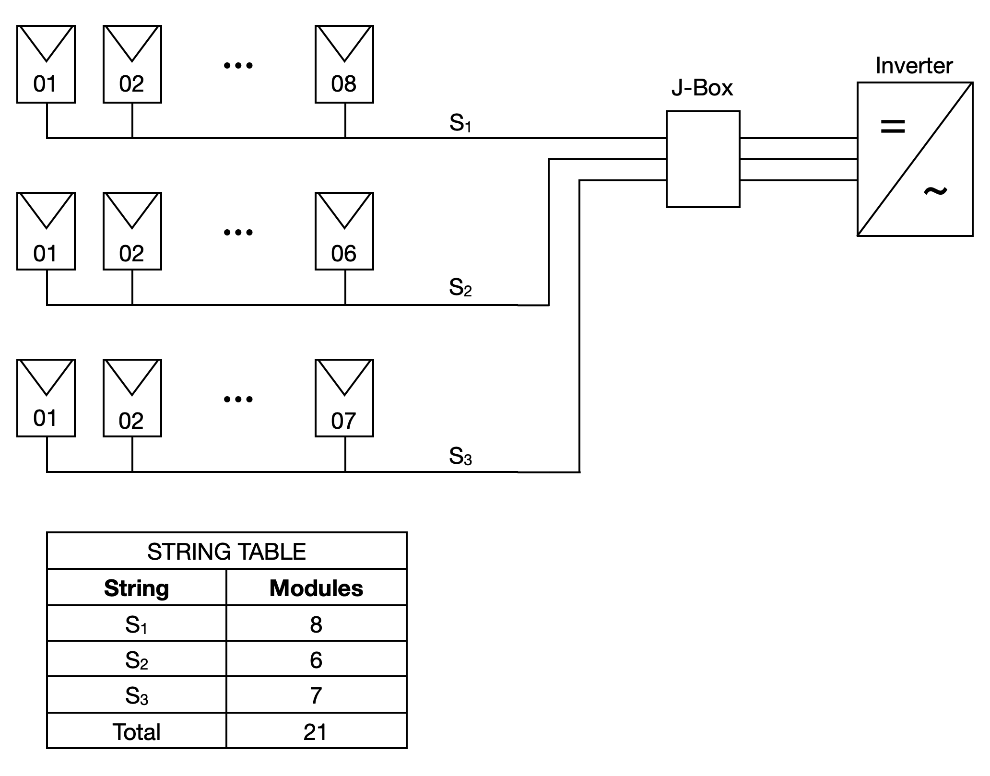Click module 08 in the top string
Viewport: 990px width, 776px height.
pyautogui.click(x=344, y=64)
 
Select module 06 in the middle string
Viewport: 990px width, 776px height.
pyautogui.click(x=344, y=231)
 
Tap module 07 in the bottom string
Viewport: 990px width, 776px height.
pyautogui.click(x=344, y=398)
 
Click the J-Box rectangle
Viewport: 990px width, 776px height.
pyautogui.click(x=703, y=159)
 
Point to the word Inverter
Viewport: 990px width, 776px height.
pyautogui.click(x=914, y=66)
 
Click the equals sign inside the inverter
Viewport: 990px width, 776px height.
pyautogui.click(x=893, y=127)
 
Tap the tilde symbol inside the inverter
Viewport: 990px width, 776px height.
pyautogui.click(x=935, y=191)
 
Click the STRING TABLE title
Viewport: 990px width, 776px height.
pyautogui.click(x=226, y=552)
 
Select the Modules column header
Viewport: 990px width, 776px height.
pyautogui.click(x=316, y=588)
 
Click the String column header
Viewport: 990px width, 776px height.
pyautogui.click(x=137, y=588)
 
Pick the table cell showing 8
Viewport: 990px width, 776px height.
pyautogui.click(x=316, y=624)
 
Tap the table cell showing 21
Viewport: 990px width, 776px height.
pyautogui.click(x=316, y=732)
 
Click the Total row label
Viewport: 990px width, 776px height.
pyautogui.click(x=137, y=732)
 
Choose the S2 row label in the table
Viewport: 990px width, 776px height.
pyautogui.click(x=137, y=660)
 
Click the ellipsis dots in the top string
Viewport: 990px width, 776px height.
pyautogui.click(x=238, y=65)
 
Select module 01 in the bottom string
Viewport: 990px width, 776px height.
pyautogui.click(x=46, y=398)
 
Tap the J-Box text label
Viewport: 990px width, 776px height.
pyautogui.click(x=702, y=88)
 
